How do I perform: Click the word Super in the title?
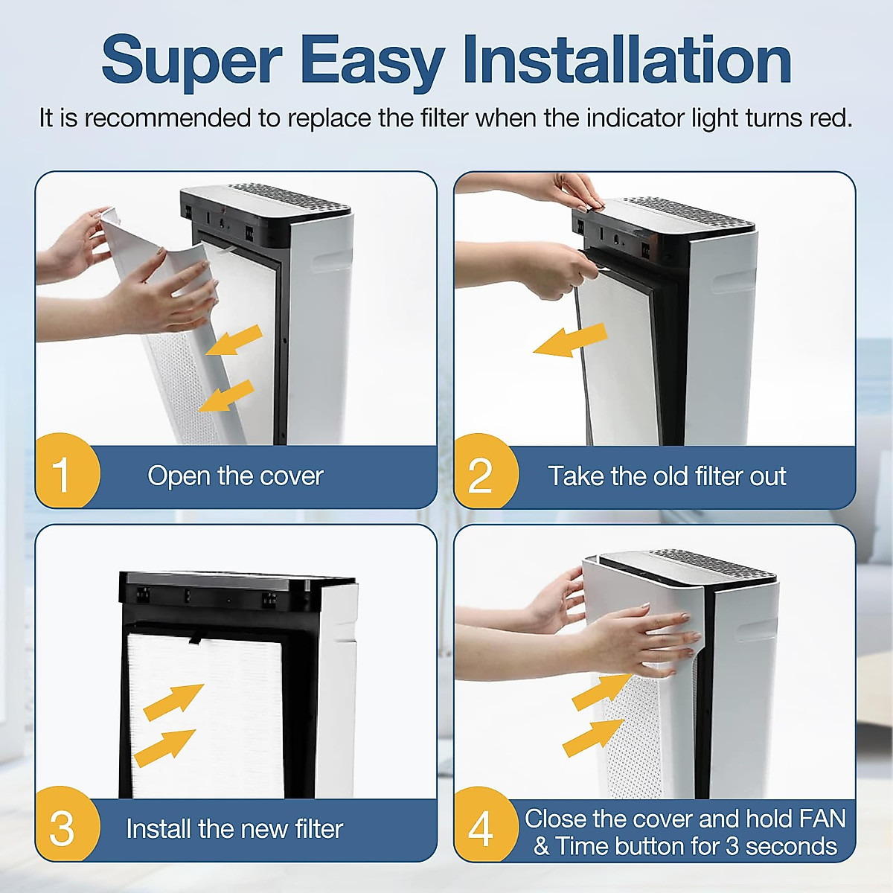click(x=191, y=61)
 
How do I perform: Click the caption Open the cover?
click(x=235, y=476)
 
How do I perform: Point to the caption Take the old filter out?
click(x=668, y=476)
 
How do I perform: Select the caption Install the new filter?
click(x=234, y=828)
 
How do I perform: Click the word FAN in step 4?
click(x=822, y=819)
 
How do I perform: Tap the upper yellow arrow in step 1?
click(x=234, y=340)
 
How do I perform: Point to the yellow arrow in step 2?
click(x=570, y=340)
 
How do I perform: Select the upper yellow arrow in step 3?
click(x=174, y=702)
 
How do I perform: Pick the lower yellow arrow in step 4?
click(x=594, y=739)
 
